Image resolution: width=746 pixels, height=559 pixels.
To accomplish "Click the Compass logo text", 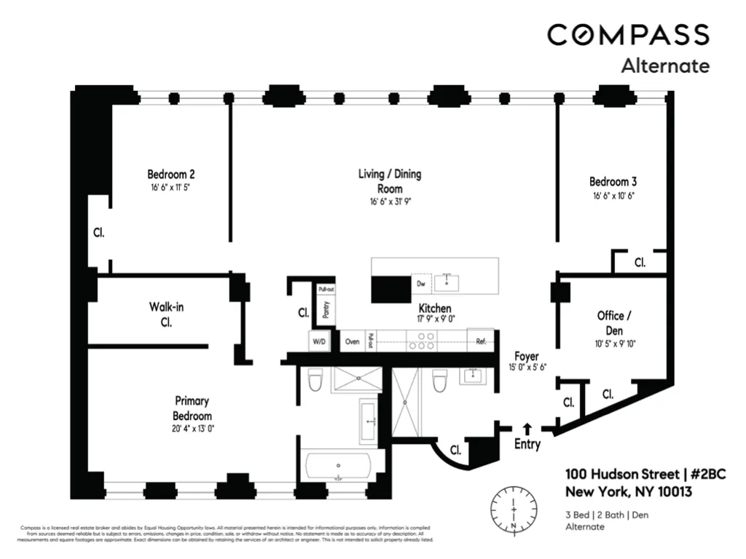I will click(x=628, y=35).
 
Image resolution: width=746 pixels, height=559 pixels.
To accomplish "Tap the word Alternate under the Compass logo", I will click(x=664, y=66).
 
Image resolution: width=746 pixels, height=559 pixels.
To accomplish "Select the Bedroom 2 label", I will click(x=170, y=175).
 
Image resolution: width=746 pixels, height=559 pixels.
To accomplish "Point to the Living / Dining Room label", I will click(x=389, y=181).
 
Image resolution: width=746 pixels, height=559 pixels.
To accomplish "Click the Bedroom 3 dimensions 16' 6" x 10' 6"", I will click(x=613, y=196).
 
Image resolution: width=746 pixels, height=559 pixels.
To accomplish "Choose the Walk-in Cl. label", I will click(x=166, y=314).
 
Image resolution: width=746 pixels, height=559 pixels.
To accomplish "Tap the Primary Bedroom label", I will click(x=192, y=408).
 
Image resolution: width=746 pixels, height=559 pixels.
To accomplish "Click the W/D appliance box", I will click(x=319, y=341).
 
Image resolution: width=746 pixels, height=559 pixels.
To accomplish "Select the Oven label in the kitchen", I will click(x=352, y=341).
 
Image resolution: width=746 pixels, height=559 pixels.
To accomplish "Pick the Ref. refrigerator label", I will click(x=481, y=341).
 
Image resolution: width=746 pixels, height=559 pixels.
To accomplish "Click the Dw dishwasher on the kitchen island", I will click(x=420, y=283).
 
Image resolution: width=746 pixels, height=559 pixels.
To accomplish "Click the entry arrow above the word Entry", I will click(x=527, y=429).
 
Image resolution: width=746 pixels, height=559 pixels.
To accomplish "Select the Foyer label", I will click(x=527, y=357).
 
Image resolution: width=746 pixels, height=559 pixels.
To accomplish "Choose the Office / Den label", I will click(x=610, y=323).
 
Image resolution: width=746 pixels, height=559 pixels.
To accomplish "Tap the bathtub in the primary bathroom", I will click(x=339, y=467).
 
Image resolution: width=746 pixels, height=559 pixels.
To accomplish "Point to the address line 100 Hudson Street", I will click(x=645, y=474).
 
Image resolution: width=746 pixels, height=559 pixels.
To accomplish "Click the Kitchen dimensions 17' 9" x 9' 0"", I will click(x=435, y=319).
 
